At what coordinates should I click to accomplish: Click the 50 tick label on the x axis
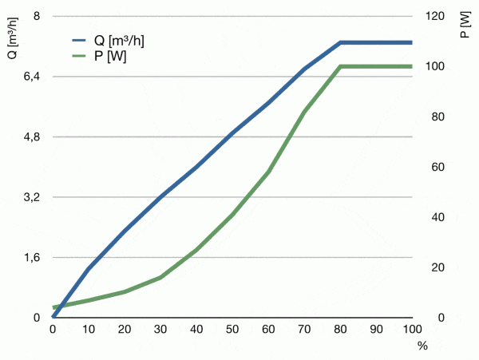click(x=232, y=329)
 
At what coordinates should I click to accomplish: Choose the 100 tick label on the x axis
click(x=412, y=329)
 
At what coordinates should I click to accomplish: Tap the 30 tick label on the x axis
click(x=160, y=329)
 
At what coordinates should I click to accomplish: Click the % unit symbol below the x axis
click(x=422, y=346)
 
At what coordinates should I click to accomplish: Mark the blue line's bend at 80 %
click(x=340, y=42)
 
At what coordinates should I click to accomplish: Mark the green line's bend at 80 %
click(x=340, y=66)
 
